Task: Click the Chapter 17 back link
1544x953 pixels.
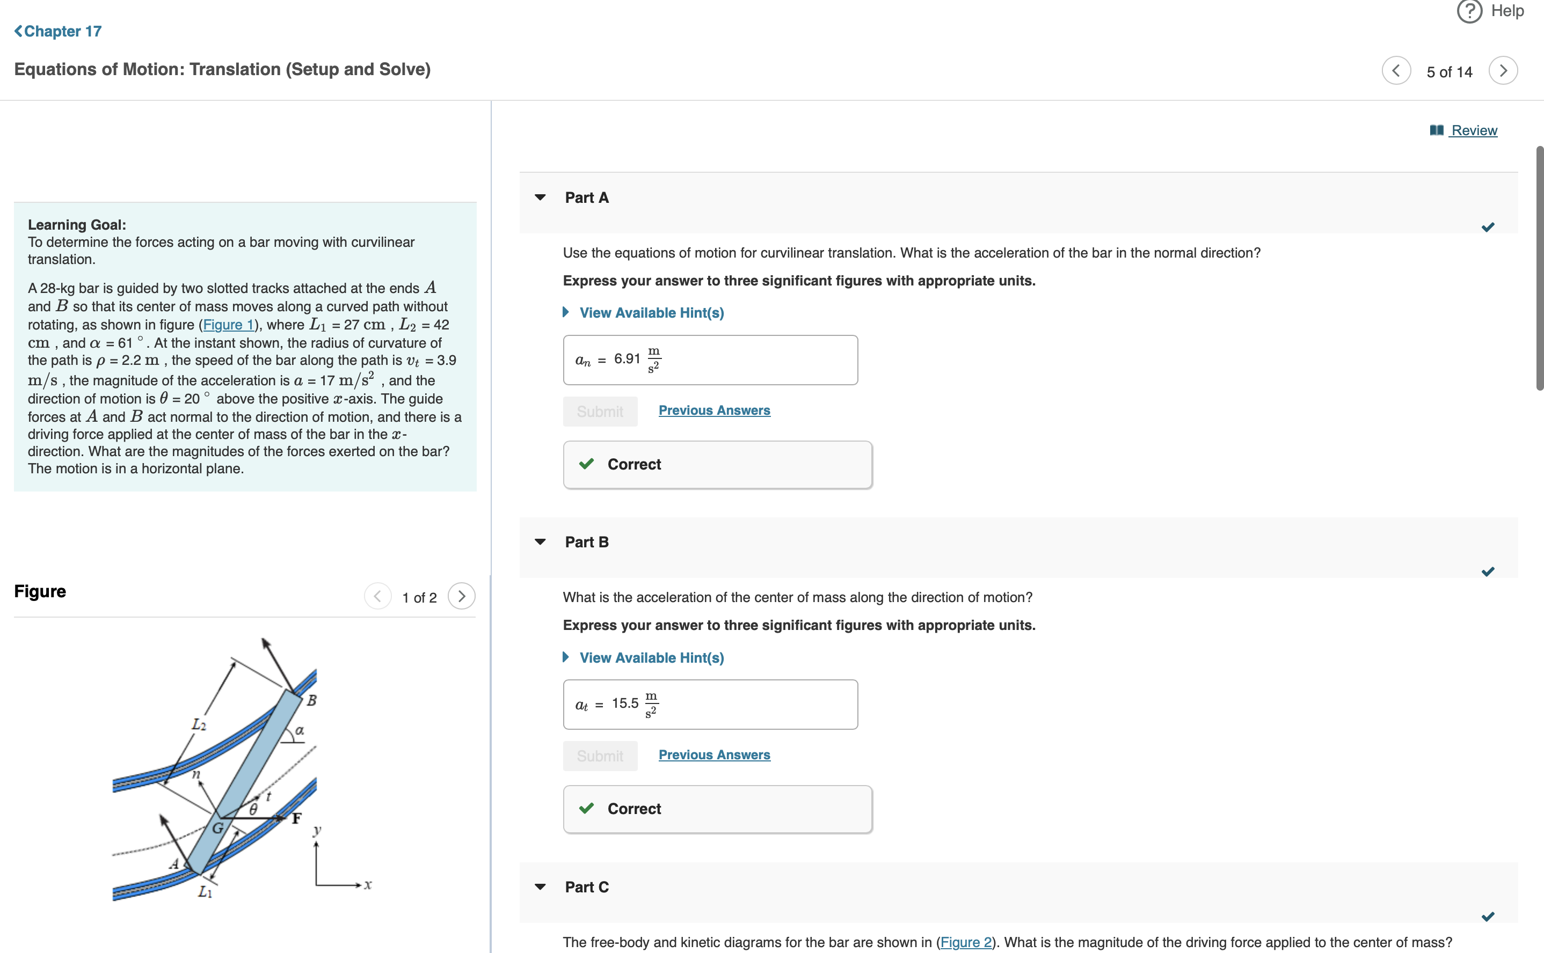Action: click(x=58, y=32)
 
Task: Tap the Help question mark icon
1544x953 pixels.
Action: click(x=1469, y=11)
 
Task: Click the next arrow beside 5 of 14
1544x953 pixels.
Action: click(x=1503, y=71)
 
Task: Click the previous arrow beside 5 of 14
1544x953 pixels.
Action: click(x=1396, y=71)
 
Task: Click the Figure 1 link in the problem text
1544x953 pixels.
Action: click(x=228, y=325)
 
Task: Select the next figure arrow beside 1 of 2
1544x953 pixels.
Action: click(x=462, y=596)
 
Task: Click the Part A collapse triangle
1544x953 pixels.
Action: click(x=540, y=198)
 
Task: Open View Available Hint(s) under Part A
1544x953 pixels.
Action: click(x=651, y=313)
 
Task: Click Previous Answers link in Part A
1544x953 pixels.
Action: click(x=715, y=410)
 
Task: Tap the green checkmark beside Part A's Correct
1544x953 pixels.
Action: click(x=586, y=464)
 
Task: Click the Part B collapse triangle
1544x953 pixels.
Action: click(x=540, y=542)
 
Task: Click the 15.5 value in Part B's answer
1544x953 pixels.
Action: click(x=625, y=703)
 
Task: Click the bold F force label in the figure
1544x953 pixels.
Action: click(x=296, y=819)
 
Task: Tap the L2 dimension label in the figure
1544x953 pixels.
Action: click(x=199, y=725)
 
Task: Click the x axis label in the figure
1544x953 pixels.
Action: click(x=368, y=885)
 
